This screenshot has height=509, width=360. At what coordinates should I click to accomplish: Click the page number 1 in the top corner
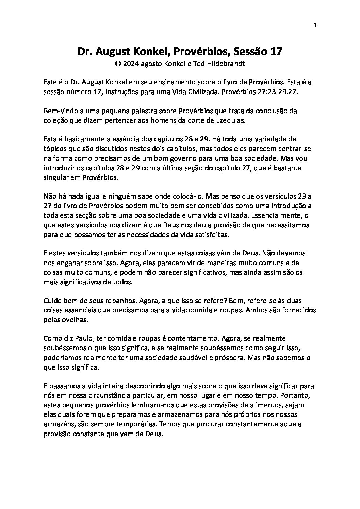point(315,25)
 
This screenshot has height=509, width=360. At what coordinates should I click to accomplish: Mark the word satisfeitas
point(208,235)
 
